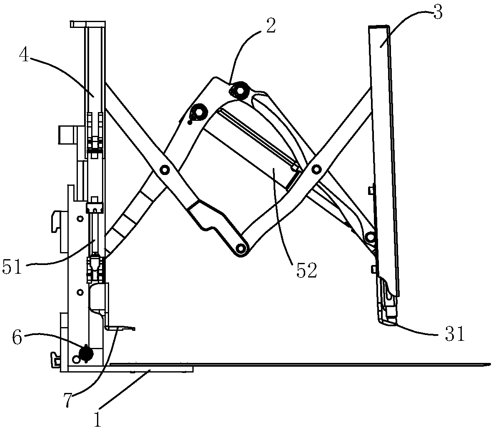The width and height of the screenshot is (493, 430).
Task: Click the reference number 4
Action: (x=25, y=56)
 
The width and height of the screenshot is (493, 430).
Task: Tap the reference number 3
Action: (x=437, y=13)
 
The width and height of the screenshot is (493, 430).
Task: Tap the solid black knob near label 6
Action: (x=86, y=353)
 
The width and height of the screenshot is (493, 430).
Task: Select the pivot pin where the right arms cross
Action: (x=317, y=169)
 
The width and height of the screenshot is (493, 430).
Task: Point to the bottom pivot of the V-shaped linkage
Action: (x=240, y=249)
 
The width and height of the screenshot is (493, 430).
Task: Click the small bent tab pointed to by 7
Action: (x=121, y=328)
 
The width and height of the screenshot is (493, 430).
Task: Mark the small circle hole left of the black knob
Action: (x=75, y=358)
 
